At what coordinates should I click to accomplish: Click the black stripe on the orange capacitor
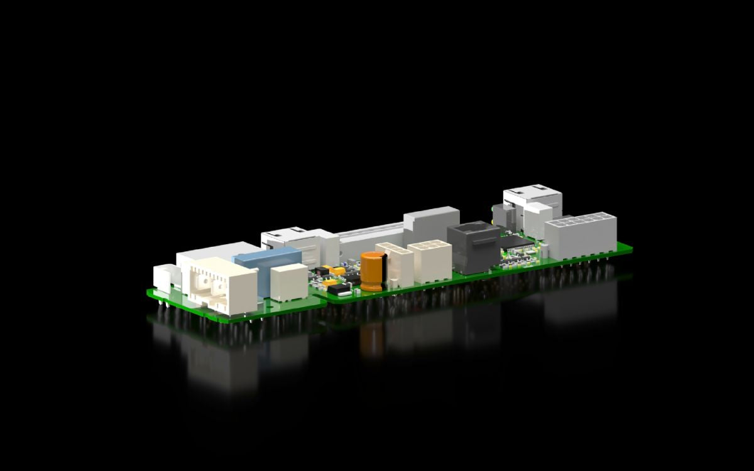click(383, 270)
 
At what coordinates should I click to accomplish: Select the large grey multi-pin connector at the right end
click(580, 235)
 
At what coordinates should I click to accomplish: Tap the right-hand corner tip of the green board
click(630, 248)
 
